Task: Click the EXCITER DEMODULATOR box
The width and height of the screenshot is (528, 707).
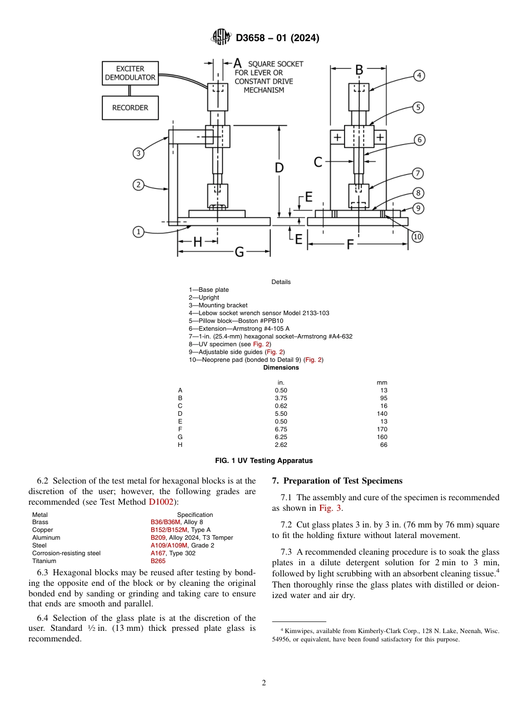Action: coord(130,73)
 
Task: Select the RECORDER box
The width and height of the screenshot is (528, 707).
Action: coord(130,108)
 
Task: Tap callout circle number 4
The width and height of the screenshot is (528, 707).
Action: coord(419,76)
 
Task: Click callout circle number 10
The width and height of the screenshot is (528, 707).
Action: coord(417,237)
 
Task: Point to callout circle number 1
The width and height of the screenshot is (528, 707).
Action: coord(138,232)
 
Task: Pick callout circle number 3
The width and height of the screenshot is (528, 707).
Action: coord(138,153)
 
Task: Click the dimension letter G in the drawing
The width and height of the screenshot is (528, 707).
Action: coord(239,252)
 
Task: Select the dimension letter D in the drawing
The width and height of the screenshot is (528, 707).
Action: coord(280,167)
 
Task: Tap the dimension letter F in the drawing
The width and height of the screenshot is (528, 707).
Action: coord(350,243)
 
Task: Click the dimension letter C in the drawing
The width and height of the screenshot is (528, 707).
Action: coord(318,162)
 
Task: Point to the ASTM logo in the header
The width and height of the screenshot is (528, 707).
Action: coord(221,38)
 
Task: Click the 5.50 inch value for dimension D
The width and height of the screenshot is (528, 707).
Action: coord(281,414)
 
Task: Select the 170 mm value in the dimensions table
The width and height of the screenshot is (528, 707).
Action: coord(382,429)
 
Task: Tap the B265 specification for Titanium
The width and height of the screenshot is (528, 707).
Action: coord(158,561)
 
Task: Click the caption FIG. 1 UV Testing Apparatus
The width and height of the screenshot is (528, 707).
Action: coord(263,461)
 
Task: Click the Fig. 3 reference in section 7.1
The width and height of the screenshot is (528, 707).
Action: coord(330,508)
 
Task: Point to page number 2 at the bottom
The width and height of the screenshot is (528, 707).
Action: coord(264,683)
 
